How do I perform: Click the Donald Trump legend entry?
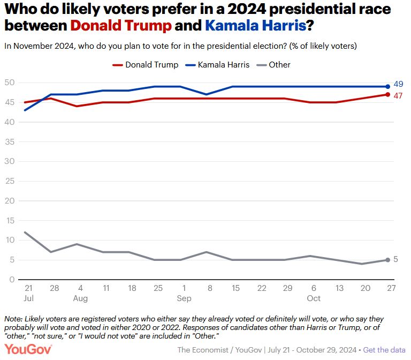pyautogui.click(x=145, y=65)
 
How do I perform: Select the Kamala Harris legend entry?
pyautogui.click(x=217, y=65)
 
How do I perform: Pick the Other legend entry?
pyautogui.click(x=273, y=65)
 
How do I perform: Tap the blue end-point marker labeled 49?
pyautogui.click(x=388, y=86)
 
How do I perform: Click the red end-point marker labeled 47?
pyautogui.click(x=388, y=94)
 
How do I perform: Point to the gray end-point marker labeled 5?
pyautogui.click(x=388, y=260)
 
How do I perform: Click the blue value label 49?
pyautogui.click(x=398, y=84)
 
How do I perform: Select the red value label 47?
pyautogui.click(x=398, y=95)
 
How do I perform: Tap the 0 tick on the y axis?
pyautogui.click(x=11, y=280)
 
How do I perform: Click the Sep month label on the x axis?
pyautogui.click(x=184, y=298)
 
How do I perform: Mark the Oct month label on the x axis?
pyautogui.click(x=314, y=298)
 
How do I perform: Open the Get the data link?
pyautogui.click(x=385, y=350)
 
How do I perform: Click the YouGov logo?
pyautogui.click(x=28, y=349)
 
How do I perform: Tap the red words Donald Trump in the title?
pyautogui.click(x=121, y=25)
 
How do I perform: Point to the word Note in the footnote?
pyautogui.click(x=13, y=319)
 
